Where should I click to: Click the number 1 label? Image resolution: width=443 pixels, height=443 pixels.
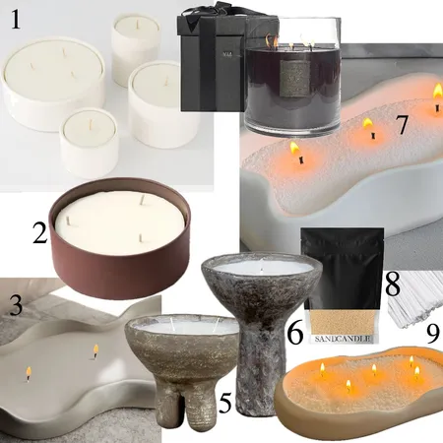click(x=17, y=23)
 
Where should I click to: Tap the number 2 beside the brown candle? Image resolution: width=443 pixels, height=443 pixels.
click(x=40, y=234)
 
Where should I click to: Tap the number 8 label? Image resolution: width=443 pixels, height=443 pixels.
click(x=391, y=285)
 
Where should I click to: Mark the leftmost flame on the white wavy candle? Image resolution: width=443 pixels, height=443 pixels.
click(x=293, y=151)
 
